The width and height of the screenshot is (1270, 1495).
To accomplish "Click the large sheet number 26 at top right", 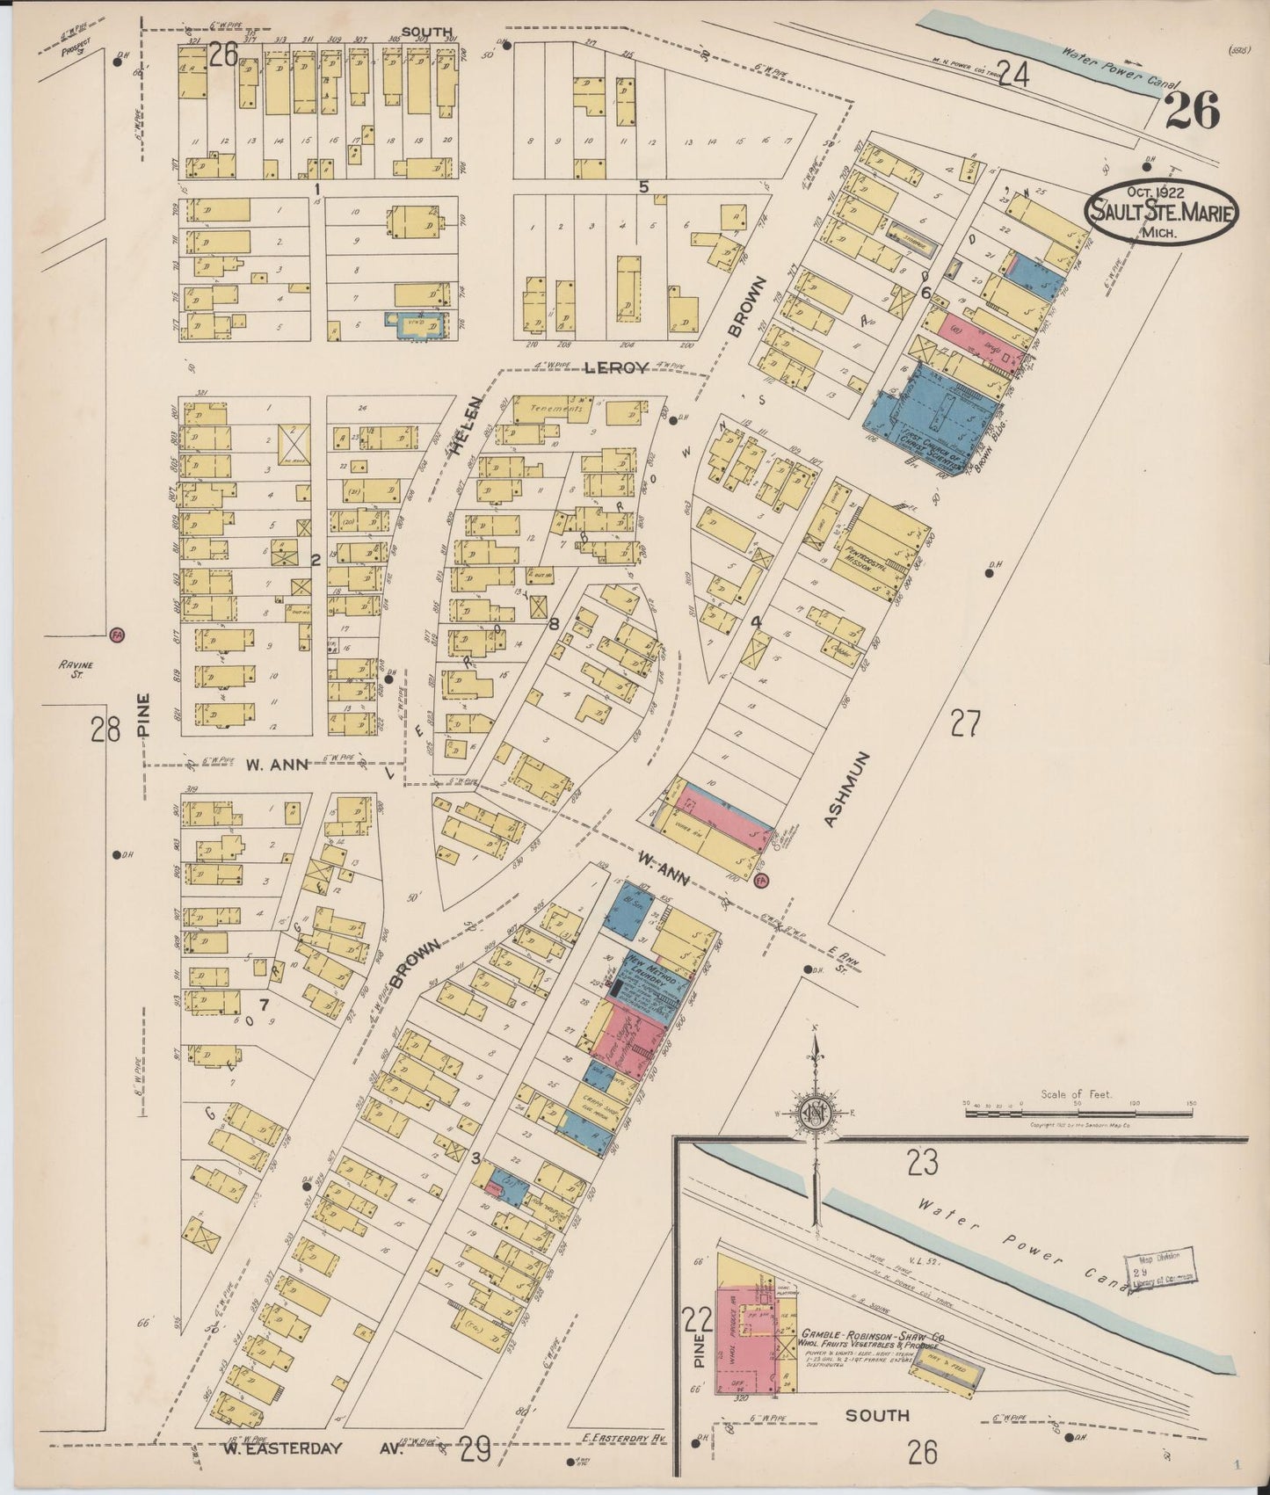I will [x=1193, y=112].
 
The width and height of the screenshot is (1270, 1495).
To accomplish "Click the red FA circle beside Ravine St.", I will [x=115, y=634].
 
